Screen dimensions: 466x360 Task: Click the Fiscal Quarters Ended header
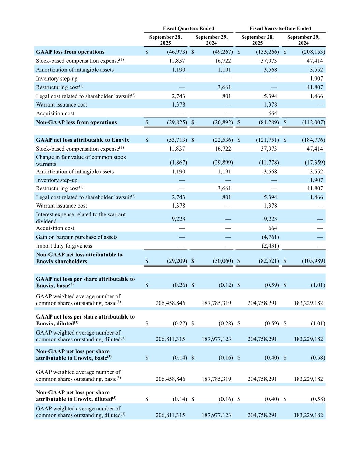coord(188,28)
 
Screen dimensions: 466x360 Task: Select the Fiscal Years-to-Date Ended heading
coord(280,28)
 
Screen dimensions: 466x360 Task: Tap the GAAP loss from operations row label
coord(70,52)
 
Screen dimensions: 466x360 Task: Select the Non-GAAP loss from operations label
coord(76,122)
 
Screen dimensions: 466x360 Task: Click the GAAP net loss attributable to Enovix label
coord(82,140)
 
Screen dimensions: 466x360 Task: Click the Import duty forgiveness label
coord(64,246)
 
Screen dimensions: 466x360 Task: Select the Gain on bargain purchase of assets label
coord(76,237)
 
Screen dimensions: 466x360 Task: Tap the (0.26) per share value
coord(180,285)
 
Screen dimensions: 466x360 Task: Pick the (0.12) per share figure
coord(226,285)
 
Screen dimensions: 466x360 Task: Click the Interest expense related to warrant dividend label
coord(81,218)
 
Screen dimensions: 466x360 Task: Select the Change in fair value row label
coord(81,160)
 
